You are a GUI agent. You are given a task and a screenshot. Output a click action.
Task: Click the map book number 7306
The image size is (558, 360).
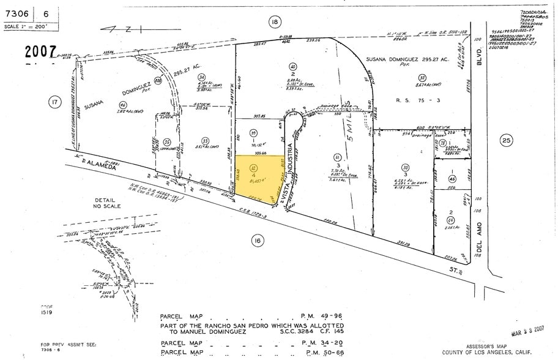point(16,13)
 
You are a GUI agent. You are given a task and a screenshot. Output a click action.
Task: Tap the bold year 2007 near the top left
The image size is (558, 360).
point(40,52)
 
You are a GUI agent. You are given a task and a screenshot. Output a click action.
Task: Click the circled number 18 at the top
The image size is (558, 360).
point(274,22)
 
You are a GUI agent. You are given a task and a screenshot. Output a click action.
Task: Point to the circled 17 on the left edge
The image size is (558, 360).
point(55,102)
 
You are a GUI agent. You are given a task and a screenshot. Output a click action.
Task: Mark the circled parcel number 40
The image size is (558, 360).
point(293,67)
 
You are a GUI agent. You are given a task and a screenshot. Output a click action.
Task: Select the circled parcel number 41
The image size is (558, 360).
point(336,157)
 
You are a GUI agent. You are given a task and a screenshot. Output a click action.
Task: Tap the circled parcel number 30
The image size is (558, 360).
point(404,168)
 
